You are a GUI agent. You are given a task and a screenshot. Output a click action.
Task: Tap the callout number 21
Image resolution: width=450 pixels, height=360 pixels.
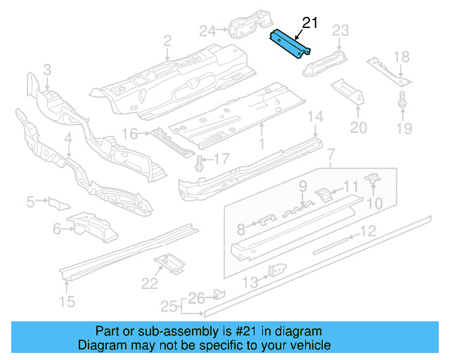pyautogui.click(x=309, y=23)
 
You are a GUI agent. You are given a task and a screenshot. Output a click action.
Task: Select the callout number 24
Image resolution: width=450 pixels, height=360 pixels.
pyautogui.click(x=207, y=30)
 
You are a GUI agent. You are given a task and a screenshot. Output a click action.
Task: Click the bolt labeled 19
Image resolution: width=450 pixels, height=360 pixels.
pyautogui.click(x=403, y=100)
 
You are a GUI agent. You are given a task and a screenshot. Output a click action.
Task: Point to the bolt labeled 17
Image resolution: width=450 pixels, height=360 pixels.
pyautogui.click(x=199, y=162)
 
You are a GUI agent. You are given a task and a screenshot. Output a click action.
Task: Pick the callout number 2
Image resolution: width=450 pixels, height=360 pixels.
pyautogui.click(x=167, y=41)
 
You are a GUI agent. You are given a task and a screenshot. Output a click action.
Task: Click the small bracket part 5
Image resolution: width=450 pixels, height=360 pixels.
pyautogui.click(x=58, y=203)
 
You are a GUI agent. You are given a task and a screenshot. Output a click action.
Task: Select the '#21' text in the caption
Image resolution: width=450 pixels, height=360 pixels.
pyautogui.click(x=250, y=331)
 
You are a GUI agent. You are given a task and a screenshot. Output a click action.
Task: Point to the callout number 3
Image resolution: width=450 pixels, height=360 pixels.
pyautogui.click(x=47, y=69)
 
